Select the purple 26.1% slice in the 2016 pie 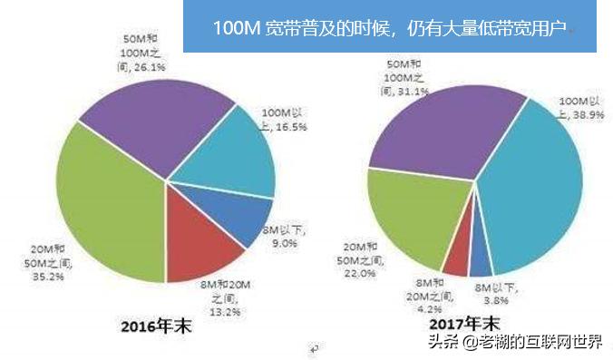pyautogui.click(x=154, y=127)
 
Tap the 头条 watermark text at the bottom pyautogui.click(x=442, y=343)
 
